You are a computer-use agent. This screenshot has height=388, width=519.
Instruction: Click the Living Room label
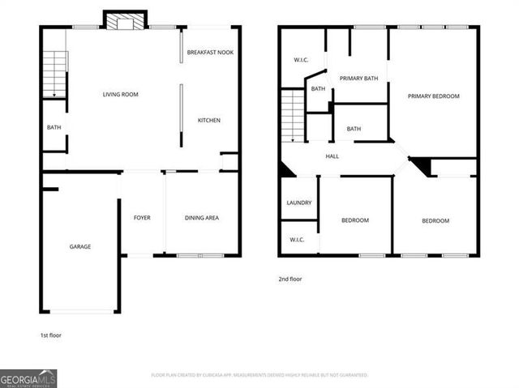pyautogui.click(x=120, y=95)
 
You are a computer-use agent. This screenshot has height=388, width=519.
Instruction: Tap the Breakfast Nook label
pyautogui.click(x=210, y=53)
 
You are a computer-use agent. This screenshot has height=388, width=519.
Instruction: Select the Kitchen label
pyautogui.click(x=209, y=121)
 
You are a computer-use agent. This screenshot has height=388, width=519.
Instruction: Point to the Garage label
pyautogui.click(x=79, y=246)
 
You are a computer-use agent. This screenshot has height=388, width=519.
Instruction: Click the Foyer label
pyautogui.click(x=142, y=217)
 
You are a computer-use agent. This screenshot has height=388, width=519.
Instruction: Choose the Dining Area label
pyautogui.click(x=201, y=217)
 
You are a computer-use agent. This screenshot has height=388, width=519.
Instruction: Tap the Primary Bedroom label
pyautogui.click(x=433, y=96)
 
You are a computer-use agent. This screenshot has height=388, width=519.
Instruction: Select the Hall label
pyautogui.click(x=332, y=156)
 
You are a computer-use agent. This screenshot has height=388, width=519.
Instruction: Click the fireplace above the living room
pyautogui.click(x=124, y=21)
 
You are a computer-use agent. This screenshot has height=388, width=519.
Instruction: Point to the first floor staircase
pyautogui.click(x=54, y=73)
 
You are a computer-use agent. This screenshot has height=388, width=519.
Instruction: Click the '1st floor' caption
pyautogui.click(x=50, y=335)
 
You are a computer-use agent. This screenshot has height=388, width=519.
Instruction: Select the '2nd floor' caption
pyautogui.click(x=290, y=279)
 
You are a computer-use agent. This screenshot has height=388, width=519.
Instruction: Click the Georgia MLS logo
pyautogui.click(x=28, y=378)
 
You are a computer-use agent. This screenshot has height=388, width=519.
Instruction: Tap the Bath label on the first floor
pyautogui.click(x=54, y=127)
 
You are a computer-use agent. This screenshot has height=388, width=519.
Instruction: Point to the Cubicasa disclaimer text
pyautogui.click(x=259, y=375)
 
